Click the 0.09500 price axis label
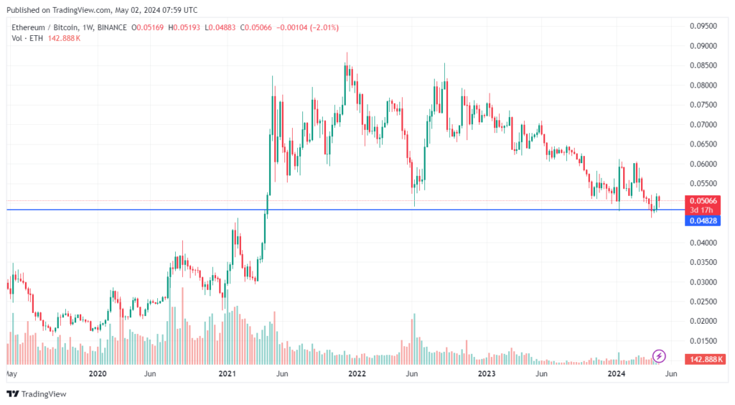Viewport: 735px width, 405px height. point(703,26)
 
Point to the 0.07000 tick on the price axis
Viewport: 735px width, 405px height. point(703,124)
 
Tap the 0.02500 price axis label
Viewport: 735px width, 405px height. point(703,302)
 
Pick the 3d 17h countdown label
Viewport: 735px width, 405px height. point(702,210)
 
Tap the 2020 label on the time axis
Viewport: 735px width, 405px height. point(98,374)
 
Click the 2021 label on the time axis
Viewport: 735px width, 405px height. point(227,374)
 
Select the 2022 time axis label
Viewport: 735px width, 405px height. point(357,374)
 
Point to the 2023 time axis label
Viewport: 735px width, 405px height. point(487,374)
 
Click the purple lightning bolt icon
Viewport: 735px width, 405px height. point(660,355)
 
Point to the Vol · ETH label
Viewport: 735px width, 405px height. point(27,38)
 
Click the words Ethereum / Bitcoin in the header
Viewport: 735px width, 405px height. point(41,27)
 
